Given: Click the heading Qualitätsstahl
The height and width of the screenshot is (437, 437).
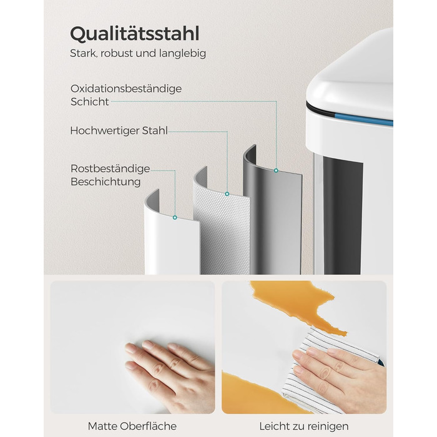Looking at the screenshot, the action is point(135,34).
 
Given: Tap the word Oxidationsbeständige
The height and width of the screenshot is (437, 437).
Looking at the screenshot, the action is point(126,89).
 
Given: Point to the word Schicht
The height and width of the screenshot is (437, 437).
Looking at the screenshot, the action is point(89,102).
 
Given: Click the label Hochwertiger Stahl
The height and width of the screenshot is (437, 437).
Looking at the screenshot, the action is point(119,130).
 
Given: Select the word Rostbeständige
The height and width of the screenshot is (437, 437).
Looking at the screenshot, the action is point(110,169).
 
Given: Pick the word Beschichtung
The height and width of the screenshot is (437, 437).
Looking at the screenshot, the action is point(106,182).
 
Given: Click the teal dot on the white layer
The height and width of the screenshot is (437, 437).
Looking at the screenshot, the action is point(175,217).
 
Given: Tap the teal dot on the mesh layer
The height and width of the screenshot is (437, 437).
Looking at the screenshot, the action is point(227,194).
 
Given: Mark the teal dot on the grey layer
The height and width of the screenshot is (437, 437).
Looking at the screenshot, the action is point(276,170).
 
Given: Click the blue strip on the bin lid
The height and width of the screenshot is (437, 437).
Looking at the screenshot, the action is point(364,118).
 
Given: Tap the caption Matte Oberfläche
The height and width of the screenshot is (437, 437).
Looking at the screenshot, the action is point(132,426).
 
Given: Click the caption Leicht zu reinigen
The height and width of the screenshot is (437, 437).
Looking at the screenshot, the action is point(304,426).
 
